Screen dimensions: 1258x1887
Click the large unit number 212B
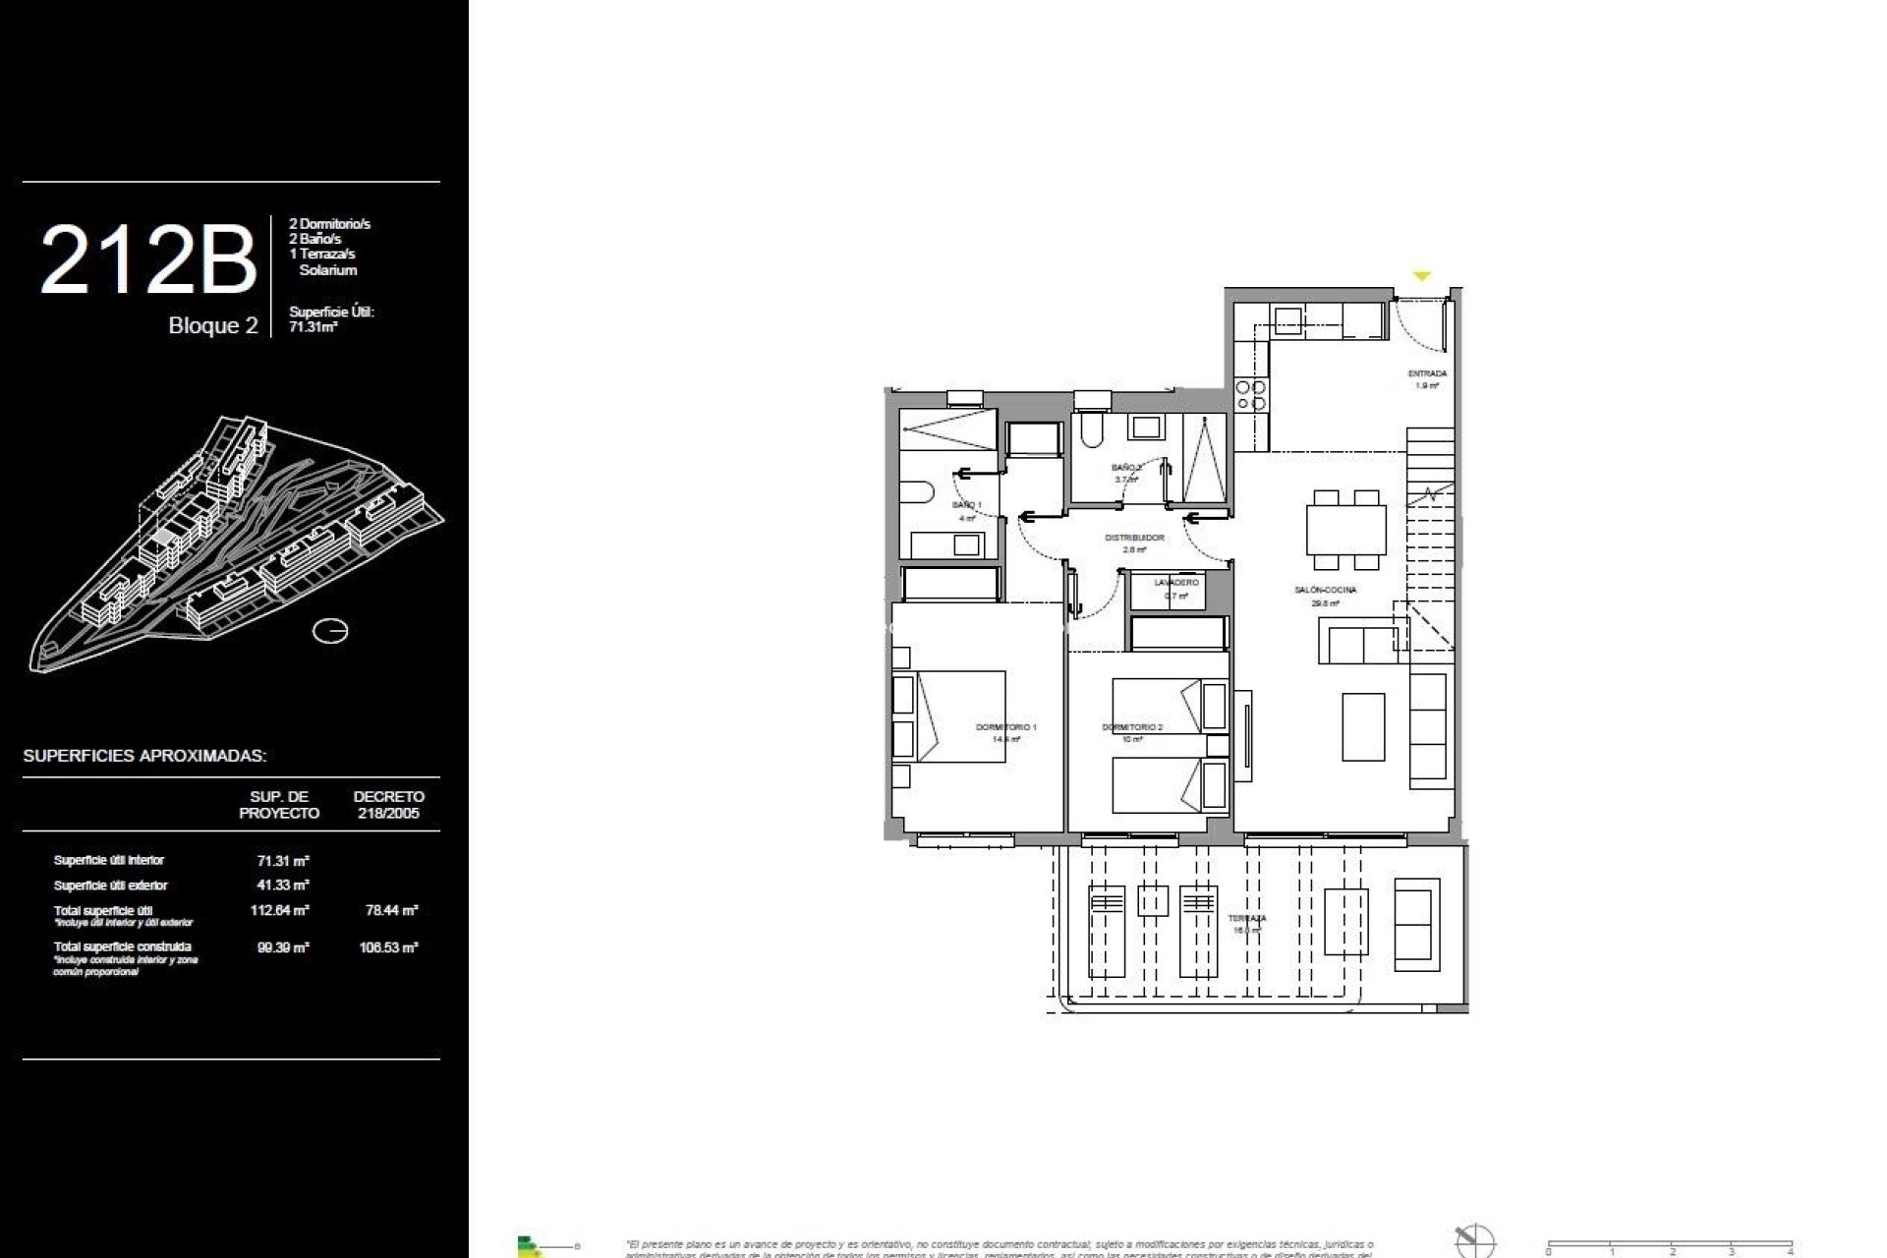(147, 260)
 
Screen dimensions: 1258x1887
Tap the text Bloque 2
(212, 326)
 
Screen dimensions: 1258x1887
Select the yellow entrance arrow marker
(1421, 277)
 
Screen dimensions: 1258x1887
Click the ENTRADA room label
(1426, 374)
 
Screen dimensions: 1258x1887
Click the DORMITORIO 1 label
(1005, 727)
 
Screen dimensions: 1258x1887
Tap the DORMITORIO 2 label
(1132, 727)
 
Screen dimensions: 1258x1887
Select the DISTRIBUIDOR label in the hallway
(1134, 539)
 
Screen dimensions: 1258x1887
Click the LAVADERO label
(1176, 583)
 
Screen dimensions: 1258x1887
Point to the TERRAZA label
(1246, 919)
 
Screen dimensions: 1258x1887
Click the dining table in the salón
(1345, 531)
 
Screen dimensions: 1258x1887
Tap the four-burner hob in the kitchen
(1250, 395)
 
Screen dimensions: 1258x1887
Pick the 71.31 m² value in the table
(283, 860)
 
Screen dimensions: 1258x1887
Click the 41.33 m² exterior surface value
(283, 886)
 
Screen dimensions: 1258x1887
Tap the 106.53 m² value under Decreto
(389, 948)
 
